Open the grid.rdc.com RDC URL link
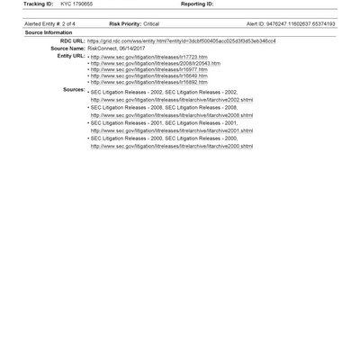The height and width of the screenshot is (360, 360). point(181,40)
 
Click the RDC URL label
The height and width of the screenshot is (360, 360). point(72,40)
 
